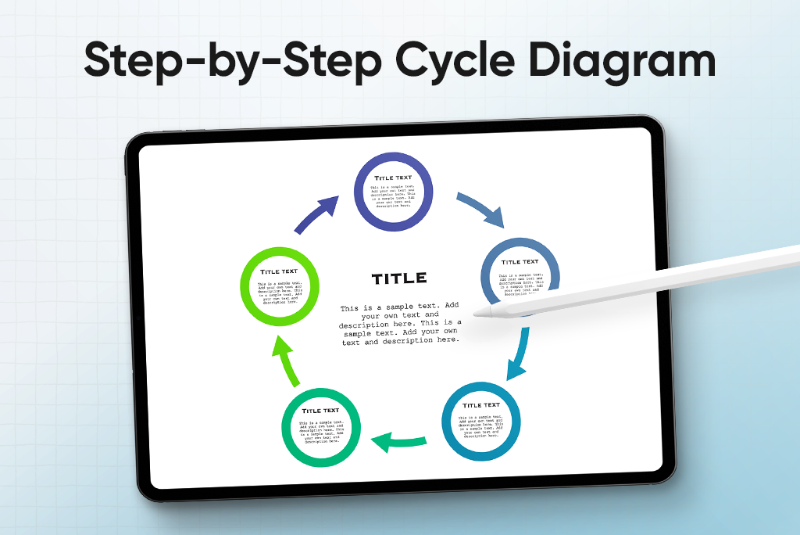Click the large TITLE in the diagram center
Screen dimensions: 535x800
(399, 278)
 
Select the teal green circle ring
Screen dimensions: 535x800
(287, 426)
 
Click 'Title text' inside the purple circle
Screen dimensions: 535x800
(393, 178)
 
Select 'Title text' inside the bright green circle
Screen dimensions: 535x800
(279, 271)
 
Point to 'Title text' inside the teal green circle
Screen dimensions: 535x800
(320, 410)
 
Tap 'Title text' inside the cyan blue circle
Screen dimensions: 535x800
(480, 404)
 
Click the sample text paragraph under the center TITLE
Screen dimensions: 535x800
(400, 323)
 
